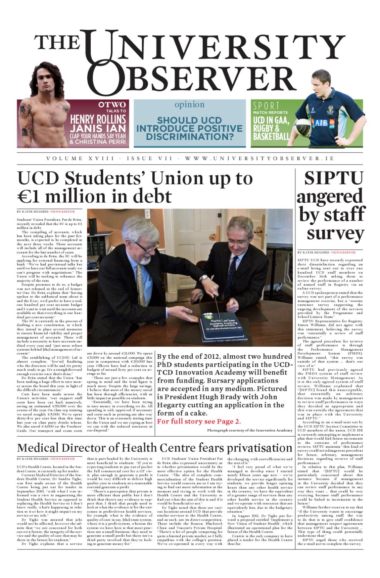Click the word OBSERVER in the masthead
click(192, 79)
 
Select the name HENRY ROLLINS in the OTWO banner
click(98, 119)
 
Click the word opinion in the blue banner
click(190, 104)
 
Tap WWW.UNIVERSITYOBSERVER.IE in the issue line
click(259, 158)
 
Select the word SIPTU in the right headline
click(333, 178)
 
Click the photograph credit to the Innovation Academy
click(250, 430)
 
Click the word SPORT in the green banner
click(266, 106)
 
